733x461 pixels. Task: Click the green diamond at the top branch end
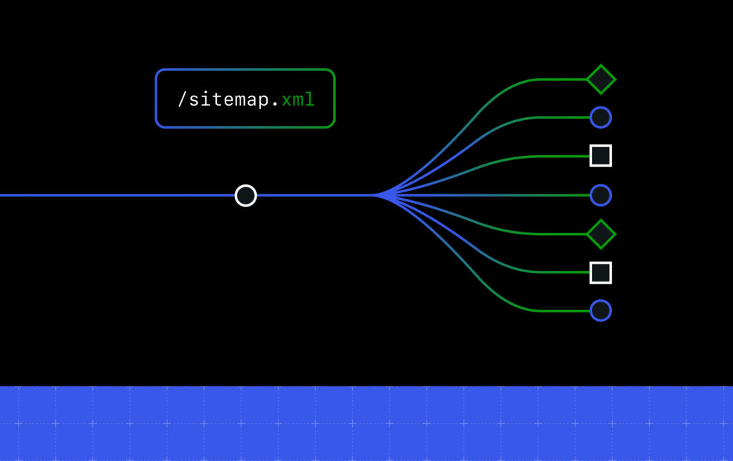coord(601,79)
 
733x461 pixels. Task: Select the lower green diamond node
coord(601,234)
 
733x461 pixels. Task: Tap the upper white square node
coord(601,156)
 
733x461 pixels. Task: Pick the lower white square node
coord(601,272)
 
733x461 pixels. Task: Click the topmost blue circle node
coord(601,117)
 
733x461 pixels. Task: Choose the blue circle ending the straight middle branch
coord(601,194)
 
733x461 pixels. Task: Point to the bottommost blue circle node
coord(601,311)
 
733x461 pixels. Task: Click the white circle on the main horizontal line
coord(246,195)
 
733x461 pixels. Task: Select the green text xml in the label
coord(298,99)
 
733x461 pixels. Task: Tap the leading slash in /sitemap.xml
coord(182,99)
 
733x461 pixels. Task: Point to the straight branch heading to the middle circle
coord(501,194)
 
